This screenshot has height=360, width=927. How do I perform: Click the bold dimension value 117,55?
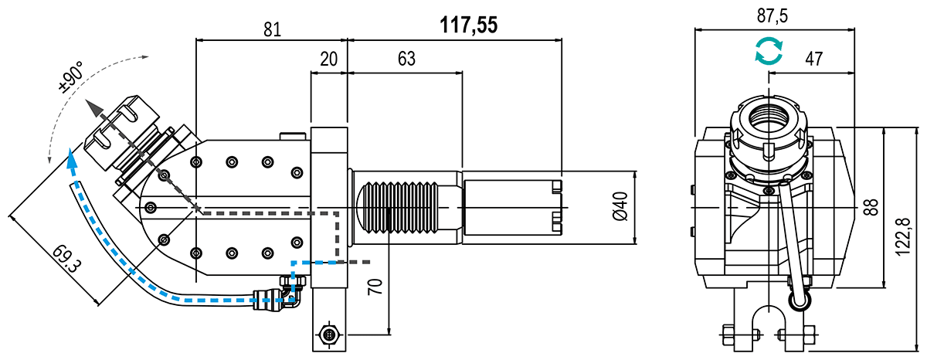click(469, 25)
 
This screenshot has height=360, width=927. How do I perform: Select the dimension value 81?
click(271, 29)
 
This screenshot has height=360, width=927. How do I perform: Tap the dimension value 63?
click(406, 59)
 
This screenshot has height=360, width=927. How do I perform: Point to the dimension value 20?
click(330, 59)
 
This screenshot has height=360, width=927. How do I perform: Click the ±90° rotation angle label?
click(72, 79)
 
